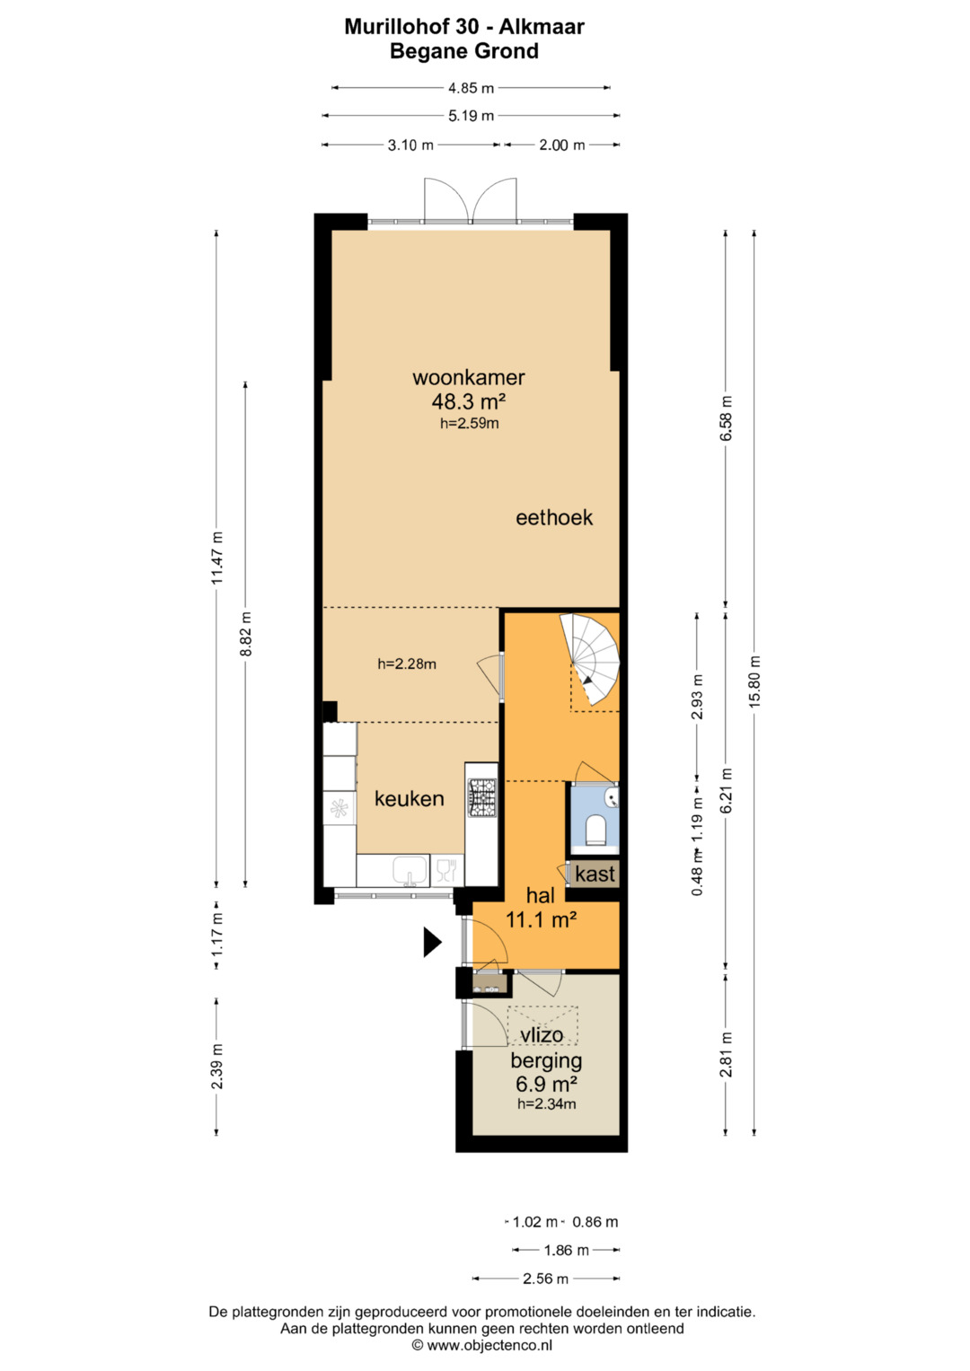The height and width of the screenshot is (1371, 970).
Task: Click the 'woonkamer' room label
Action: pyautogui.click(x=469, y=377)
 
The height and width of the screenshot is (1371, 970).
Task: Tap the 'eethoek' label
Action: pyautogui.click(x=554, y=518)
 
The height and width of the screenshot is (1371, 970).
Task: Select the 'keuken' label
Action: pyautogui.click(x=409, y=799)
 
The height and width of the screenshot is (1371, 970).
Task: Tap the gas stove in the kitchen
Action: pyautogui.click(x=482, y=797)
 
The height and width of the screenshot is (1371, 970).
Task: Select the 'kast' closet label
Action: pyautogui.click(x=595, y=874)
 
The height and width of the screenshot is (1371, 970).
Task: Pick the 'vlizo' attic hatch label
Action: pyautogui.click(x=542, y=1035)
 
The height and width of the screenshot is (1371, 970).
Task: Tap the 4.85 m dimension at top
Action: pyautogui.click(x=471, y=88)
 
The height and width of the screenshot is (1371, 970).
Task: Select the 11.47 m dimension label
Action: pyautogui.click(x=216, y=558)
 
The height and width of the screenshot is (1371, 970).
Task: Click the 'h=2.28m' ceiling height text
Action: pyautogui.click(x=407, y=664)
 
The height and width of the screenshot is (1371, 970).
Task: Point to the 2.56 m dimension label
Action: pyautogui.click(x=545, y=1279)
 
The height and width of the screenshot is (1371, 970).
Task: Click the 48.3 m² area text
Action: pyautogui.click(x=469, y=401)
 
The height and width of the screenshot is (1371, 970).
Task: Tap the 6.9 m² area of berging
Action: pyautogui.click(x=546, y=1084)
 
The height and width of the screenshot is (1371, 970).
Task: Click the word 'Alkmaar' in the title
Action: pyautogui.click(x=542, y=26)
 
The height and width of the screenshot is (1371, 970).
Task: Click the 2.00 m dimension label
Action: pyautogui.click(x=561, y=145)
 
